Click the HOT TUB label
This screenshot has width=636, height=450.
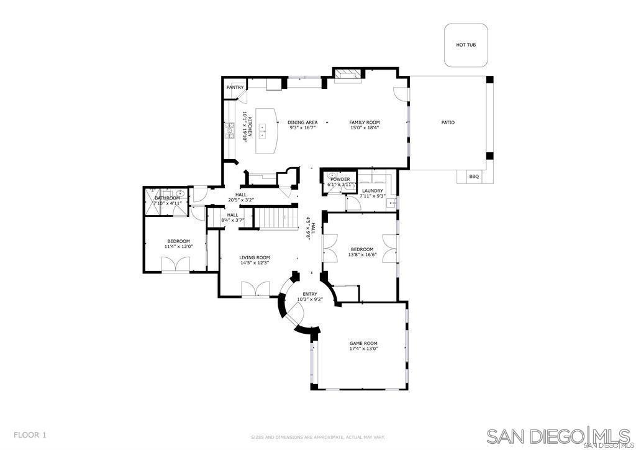[466, 45]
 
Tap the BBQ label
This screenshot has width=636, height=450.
[474, 177]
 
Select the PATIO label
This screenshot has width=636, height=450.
[448, 122]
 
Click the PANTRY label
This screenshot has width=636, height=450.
[235, 88]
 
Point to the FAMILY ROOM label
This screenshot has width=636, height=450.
[364, 122]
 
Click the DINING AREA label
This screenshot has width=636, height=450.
[302, 122]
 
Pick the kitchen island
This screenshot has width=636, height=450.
[265, 131]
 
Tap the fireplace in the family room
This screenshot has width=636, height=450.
[348, 75]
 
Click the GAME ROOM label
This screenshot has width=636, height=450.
[363, 343]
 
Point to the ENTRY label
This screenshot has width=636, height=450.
[309, 294]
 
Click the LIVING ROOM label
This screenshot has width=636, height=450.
[255, 257]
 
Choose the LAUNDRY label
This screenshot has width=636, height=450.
[373, 191]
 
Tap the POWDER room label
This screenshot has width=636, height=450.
[340, 179]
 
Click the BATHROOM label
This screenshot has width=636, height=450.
[167, 198]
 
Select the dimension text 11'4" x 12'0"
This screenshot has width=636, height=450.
[178, 247]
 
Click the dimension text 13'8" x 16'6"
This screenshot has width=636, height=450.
[362, 254]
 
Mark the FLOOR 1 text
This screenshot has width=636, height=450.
[30, 435]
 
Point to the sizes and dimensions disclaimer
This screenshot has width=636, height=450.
[318, 437]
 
